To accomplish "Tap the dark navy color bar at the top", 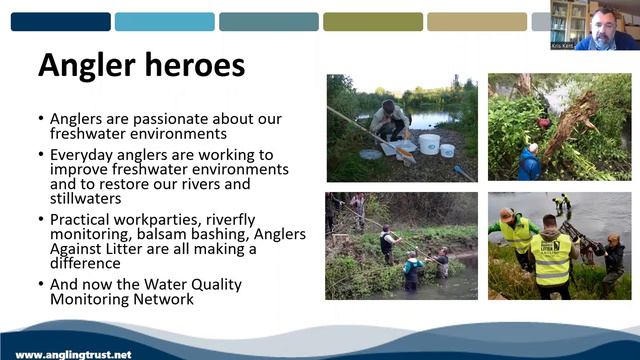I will pos(60,22).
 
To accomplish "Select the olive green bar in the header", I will pos(372,22).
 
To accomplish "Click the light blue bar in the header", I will pos(164,22).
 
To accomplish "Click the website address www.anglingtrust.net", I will pos(73,354).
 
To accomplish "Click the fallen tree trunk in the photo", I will pos(569,125).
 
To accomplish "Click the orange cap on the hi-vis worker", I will pos(508,213).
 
